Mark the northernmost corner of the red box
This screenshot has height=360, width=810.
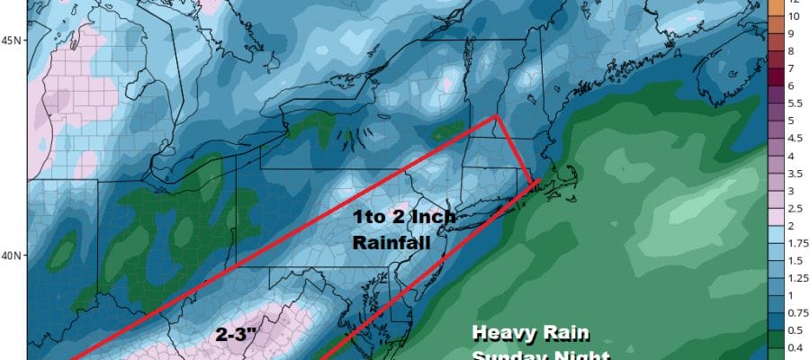click(496, 116)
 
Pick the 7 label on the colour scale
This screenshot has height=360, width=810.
click(792, 68)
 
